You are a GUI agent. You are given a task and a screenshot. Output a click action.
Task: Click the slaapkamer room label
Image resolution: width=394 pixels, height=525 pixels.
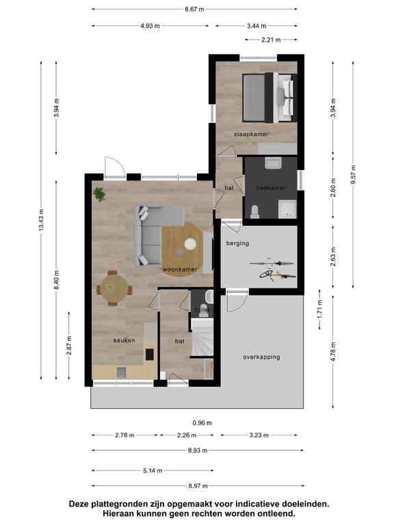point(251,134)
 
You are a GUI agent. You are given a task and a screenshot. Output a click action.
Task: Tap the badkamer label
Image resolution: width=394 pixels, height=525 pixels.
point(271,188)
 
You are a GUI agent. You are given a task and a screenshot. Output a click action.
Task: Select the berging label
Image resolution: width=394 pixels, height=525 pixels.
point(237,243)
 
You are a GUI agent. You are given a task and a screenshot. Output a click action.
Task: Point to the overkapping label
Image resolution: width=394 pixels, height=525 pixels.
point(261,357)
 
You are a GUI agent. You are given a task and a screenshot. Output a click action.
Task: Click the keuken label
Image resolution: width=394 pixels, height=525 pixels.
point(124,340)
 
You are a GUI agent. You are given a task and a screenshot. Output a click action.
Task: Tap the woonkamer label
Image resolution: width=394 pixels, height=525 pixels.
point(180,269)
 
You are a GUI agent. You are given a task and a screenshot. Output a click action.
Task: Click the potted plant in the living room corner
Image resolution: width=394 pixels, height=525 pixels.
point(99,194)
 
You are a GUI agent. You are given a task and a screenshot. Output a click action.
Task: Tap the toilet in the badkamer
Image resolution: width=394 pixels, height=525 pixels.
point(254,212)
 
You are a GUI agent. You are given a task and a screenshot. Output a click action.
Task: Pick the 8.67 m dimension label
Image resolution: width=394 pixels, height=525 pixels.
point(194,10)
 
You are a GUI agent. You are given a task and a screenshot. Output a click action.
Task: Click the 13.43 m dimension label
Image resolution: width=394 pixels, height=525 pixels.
point(41,220)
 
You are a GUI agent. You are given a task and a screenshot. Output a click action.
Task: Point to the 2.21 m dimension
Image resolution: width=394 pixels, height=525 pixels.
point(271,40)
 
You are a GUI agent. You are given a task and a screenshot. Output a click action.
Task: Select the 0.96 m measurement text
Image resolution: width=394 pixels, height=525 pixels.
point(202,423)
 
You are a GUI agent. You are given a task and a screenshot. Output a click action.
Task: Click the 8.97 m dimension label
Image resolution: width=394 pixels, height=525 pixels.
point(198,486)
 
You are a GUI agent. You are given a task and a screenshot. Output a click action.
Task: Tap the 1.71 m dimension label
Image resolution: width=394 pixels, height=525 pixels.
point(320,309)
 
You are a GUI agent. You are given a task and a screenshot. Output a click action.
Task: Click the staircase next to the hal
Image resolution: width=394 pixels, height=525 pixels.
point(202,337)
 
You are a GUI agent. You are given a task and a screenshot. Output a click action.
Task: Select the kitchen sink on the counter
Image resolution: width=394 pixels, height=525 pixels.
point(122,373)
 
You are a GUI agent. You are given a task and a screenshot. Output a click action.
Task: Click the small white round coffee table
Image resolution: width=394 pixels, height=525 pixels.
point(190,244)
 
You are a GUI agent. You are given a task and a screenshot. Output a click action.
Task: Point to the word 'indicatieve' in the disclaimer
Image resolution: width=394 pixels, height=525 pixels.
point(254,504)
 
